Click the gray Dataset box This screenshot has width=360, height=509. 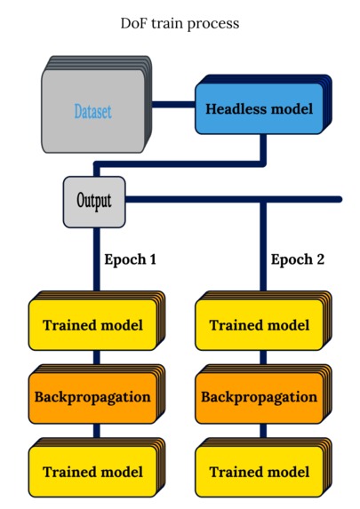coord(92,113)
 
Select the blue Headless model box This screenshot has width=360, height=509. coord(259,109)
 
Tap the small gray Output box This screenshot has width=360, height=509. coord(93,200)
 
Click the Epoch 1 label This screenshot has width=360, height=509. coord(131,260)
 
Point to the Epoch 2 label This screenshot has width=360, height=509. coord(297,260)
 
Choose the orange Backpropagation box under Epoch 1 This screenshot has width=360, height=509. coord(92,396)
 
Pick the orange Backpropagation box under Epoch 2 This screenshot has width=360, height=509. coord(259,396)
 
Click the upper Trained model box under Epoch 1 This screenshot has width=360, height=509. coord(92,325)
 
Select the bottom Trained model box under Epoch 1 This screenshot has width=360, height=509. coord(92,472)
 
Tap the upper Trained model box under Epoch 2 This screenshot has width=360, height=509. coord(259,325)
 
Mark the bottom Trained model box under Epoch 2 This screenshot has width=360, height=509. coord(259,472)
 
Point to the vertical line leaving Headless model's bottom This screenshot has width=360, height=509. coord(263,148)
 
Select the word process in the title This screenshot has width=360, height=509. coord(215,24)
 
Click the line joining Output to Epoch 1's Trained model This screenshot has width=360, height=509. coord(96,258)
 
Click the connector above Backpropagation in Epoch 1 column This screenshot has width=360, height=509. coord(96,357)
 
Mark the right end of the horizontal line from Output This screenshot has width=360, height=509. coord(338,199)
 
